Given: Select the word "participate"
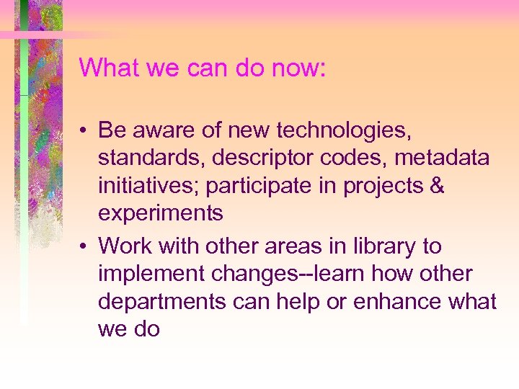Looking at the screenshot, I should click(x=259, y=186).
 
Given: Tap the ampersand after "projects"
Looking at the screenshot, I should click(x=436, y=186).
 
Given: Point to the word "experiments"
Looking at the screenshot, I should click(x=161, y=214).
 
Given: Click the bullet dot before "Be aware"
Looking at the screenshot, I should click(x=84, y=131).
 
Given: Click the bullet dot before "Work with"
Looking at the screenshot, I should click(x=84, y=247).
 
